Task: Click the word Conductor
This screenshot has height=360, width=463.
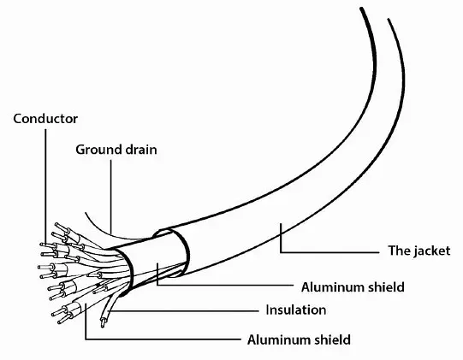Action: [45, 119]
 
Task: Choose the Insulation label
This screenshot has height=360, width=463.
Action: [296, 310]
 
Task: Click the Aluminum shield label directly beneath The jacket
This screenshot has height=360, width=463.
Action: [353, 287]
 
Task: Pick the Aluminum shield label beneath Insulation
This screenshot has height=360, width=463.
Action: [300, 340]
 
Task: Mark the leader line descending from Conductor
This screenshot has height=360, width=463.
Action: [45, 186]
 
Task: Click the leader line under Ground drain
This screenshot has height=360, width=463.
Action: [111, 197]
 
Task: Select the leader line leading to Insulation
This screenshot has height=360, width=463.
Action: [184, 310]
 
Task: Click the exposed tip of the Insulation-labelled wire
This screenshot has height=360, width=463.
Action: [103, 323]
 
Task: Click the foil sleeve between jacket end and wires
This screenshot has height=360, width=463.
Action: [153, 263]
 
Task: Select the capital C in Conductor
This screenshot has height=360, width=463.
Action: [18, 119]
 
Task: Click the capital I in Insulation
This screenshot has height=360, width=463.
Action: [268, 310]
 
